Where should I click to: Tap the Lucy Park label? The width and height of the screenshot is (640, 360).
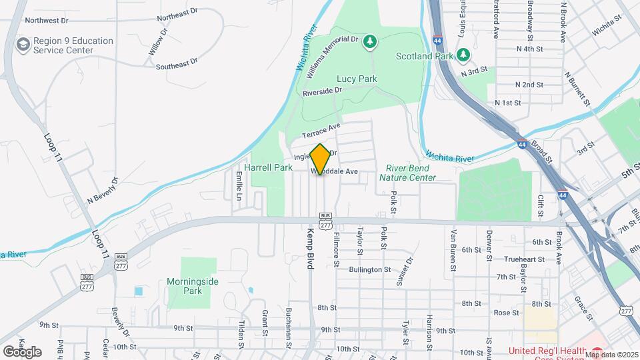(357, 79)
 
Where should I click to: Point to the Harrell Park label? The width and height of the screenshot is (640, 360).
(268, 167)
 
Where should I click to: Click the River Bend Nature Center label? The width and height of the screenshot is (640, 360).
(407, 173)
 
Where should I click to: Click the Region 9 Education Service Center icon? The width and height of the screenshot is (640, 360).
(23, 45)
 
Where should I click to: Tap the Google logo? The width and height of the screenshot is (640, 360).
(21, 351)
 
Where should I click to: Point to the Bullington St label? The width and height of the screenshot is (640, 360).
(369, 269)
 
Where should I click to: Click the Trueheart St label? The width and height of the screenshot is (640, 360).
(521, 259)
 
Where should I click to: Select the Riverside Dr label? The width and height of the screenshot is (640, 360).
(321, 91)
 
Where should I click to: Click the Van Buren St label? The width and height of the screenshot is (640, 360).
(454, 245)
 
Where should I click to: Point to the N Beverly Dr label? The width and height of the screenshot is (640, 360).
(102, 191)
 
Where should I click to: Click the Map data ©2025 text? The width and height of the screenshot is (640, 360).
(611, 354)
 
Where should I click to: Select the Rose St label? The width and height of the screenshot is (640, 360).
(506, 312)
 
